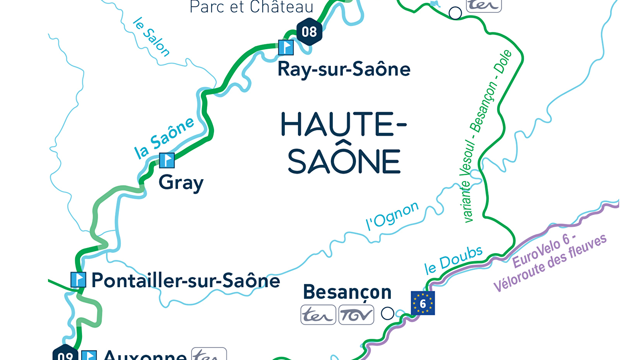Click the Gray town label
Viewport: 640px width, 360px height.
pos(181,183)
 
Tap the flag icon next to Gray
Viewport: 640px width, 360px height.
pos(167,160)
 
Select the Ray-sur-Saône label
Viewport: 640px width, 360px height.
pos(344,70)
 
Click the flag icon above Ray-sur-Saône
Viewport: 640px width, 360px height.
pos(286,48)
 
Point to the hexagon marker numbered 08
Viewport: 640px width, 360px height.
pos(309,32)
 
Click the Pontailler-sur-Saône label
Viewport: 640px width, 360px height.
pos(186,280)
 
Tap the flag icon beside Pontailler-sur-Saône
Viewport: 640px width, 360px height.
pos(78,280)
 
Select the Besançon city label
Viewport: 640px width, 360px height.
pos(347,292)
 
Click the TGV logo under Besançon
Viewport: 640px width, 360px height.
pos(356,315)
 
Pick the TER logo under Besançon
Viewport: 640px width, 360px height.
pos(318,315)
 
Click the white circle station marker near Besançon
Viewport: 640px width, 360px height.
pos(387,313)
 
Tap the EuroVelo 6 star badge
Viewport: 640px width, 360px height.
pos(423,303)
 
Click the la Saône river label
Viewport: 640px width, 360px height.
pos(164,138)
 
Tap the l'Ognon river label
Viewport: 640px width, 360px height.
pos(392,216)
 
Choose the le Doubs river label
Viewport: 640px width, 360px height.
pos(453,260)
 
